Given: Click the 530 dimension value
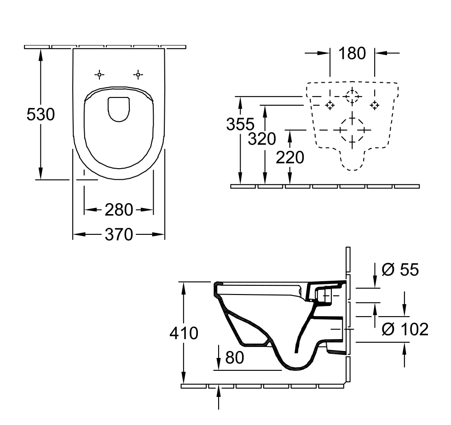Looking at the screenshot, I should pyautogui.click(x=40, y=114).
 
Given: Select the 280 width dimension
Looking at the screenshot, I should pyautogui.click(x=119, y=210).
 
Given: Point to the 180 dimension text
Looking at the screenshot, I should pyautogui.click(x=352, y=53).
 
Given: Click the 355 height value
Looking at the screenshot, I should pyautogui.click(x=240, y=124).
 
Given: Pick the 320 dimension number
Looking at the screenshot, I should pyautogui.click(x=262, y=138).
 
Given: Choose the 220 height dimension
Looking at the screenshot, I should pyautogui.click(x=290, y=157).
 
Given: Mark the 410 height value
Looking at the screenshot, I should pyautogui.click(x=184, y=333).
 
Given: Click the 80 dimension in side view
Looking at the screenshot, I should pyautogui.click(x=234, y=357).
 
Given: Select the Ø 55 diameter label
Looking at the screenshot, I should pyautogui.click(x=400, y=270).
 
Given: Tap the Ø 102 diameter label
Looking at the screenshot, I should pyautogui.click(x=405, y=329).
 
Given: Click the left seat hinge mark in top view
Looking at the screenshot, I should pyautogui.click(x=99, y=74).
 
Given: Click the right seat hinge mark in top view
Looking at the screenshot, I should pyautogui.click(x=138, y=74).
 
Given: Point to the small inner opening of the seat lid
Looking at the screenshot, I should pyautogui.click(x=119, y=109).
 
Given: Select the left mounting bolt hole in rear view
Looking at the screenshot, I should pyautogui.click(x=330, y=105).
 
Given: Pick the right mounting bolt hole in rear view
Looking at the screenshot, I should pyautogui.click(x=375, y=105).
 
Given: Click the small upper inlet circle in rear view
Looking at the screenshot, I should pyautogui.click(x=352, y=96).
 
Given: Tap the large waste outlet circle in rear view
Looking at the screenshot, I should pyautogui.click(x=352, y=130).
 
